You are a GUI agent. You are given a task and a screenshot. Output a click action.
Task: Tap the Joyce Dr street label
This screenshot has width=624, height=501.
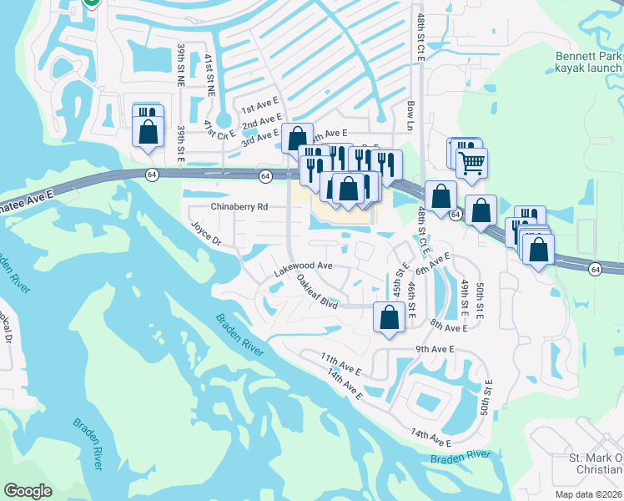coord(206,234)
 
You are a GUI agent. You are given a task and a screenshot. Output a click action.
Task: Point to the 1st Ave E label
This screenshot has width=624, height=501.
coord(259,109)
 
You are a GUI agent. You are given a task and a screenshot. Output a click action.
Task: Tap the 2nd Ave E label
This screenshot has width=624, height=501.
coord(260,124)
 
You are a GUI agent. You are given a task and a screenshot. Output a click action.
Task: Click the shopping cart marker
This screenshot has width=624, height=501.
coord(472,162)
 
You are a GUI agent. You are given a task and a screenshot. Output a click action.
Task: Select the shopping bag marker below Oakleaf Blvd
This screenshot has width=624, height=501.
coord(389,317)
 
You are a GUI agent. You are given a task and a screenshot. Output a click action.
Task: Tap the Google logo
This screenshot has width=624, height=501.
coord(28,491)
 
